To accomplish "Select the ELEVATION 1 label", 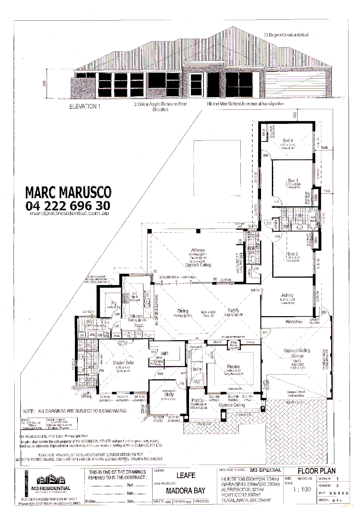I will pos(85,107).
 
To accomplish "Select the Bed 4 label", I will pos(287,140).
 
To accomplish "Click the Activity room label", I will pos(287,296).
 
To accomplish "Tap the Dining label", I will pos(183,311).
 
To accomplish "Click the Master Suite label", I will pos(122,362).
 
